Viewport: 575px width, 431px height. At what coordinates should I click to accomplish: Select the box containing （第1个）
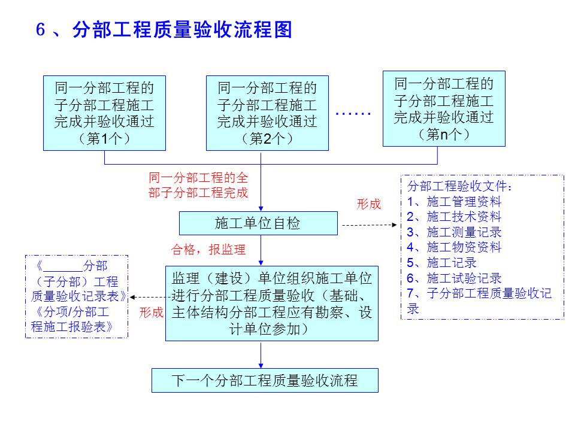click(x=104, y=113)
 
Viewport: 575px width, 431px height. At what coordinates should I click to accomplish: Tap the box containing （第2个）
click(x=267, y=113)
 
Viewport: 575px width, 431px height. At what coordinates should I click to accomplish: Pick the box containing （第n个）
click(x=444, y=108)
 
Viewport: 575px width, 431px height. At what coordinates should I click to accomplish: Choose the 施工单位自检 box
click(x=258, y=224)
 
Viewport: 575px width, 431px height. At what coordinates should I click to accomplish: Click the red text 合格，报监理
click(x=208, y=250)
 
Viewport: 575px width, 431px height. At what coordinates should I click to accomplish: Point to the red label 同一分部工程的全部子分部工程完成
click(x=198, y=186)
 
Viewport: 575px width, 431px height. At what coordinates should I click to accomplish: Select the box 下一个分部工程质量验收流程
click(x=265, y=380)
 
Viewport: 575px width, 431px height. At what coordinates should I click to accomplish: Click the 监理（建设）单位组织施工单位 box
click(x=272, y=303)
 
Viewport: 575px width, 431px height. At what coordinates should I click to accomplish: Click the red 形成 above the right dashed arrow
click(x=368, y=204)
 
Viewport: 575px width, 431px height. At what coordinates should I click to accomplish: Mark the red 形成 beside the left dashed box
click(x=151, y=312)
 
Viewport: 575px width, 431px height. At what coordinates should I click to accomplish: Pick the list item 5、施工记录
click(x=441, y=263)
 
